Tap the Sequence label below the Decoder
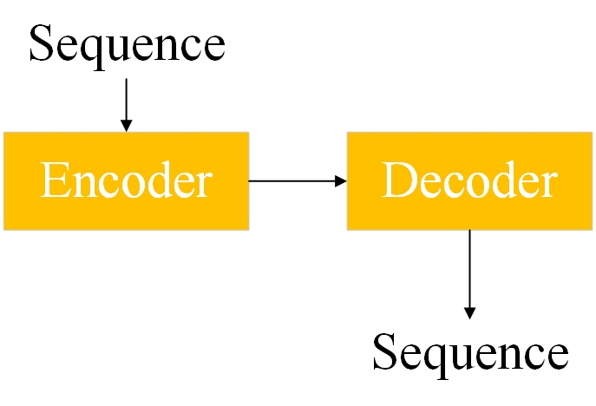[470, 354]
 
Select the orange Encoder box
[127, 180]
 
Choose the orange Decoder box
[470, 180]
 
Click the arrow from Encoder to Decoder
[295, 180]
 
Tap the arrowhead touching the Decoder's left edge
[341, 180]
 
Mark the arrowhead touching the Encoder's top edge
[127, 126]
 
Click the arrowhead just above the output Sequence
[470, 312]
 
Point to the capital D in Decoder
[397, 181]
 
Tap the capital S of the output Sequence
[384, 354]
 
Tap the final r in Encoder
[204, 185]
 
